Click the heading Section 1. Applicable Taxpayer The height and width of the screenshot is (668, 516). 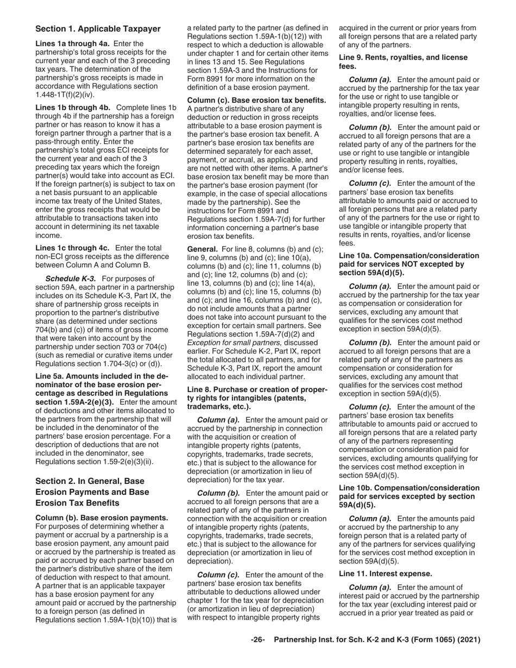point(98,29)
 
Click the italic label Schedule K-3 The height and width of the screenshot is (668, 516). point(70,279)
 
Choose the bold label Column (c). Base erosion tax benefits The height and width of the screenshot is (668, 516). point(256,100)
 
